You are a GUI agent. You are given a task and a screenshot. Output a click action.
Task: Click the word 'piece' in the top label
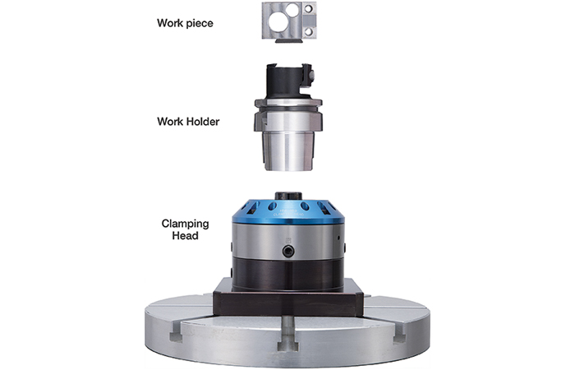(x=199, y=24)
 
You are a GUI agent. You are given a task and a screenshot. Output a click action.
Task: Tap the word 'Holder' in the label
(x=202, y=122)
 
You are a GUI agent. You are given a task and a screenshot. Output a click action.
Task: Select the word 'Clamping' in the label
(x=185, y=224)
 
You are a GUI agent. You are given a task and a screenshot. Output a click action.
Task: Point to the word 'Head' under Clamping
(x=185, y=236)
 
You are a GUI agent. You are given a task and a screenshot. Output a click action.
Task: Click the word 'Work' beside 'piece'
(x=169, y=23)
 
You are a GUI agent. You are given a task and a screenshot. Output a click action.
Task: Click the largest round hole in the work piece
(x=278, y=22)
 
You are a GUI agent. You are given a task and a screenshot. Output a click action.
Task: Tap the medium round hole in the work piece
(x=292, y=10)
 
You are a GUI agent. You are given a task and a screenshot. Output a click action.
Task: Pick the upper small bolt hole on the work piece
(x=308, y=8)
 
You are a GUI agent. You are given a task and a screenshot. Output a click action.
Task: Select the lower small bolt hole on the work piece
(x=308, y=32)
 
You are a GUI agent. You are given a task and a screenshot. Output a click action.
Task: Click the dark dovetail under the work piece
(x=288, y=41)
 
